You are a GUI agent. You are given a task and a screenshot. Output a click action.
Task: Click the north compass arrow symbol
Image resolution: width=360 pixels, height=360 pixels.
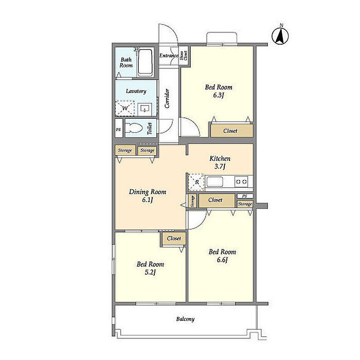point(280,35)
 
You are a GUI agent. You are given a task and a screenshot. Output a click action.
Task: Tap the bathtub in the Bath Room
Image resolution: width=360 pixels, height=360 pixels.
point(146,63)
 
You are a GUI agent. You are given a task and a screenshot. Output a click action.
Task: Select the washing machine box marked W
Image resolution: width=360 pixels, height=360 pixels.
point(125,108)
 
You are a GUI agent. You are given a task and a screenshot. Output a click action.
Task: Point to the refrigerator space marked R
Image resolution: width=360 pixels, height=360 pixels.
point(196,182)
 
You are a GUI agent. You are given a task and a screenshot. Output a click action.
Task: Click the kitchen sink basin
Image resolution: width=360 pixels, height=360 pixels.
point(214,182)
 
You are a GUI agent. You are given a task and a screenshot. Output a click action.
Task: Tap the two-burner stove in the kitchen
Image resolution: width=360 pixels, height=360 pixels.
point(241,182)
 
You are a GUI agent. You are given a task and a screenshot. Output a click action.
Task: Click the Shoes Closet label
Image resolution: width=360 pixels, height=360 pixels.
point(184,56)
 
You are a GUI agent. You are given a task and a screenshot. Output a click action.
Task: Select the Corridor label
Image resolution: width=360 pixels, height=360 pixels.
point(167,98)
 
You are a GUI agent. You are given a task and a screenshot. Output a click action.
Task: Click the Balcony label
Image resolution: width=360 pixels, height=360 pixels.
point(185,319)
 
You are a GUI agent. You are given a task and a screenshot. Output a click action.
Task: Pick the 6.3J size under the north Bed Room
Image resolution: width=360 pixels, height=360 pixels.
point(219,95)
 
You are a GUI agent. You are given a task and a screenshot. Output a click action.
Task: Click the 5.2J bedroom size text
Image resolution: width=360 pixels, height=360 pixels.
point(150,272)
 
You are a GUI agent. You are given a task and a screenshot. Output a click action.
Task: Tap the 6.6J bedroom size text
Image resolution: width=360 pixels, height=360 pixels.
point(222,260)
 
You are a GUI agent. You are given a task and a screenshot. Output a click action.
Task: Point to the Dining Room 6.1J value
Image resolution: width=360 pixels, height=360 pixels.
point(148,200)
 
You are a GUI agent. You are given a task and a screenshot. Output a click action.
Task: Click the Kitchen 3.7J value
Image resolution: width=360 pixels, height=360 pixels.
point(220,166)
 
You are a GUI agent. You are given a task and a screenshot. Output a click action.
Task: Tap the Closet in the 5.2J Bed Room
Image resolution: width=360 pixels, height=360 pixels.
point(174,239)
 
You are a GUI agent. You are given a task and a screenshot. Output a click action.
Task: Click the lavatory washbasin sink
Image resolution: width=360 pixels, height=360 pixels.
point(145,109)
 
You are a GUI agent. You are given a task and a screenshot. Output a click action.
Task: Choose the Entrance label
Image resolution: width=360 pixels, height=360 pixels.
point(169,56)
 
